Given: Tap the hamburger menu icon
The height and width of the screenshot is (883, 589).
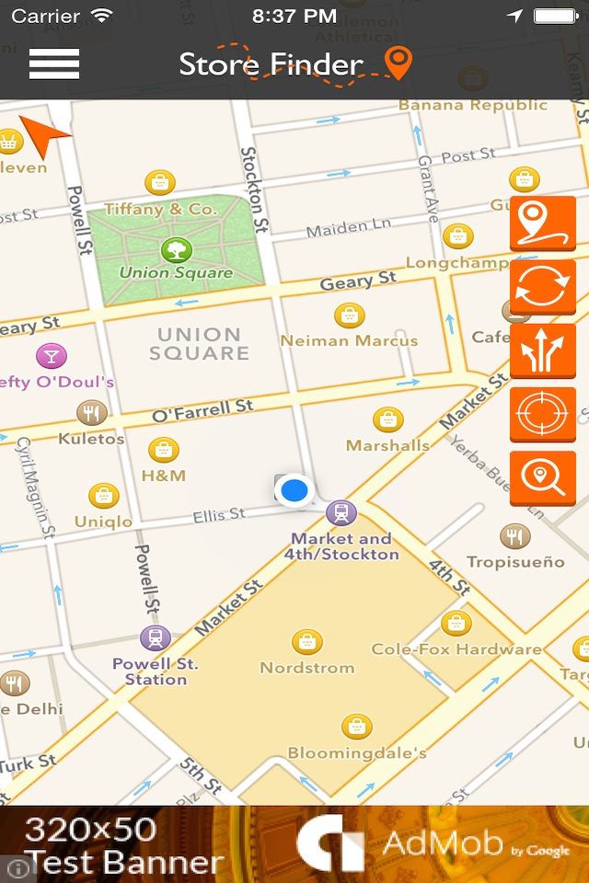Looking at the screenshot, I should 54,63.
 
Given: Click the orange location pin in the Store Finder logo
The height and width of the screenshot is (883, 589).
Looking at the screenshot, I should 398,62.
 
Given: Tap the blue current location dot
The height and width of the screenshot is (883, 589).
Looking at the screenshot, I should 294,489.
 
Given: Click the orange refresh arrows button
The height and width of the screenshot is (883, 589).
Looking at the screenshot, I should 542,287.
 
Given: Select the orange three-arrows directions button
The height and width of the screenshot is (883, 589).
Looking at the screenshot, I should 542,350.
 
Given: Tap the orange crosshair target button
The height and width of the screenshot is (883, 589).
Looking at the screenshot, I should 542,414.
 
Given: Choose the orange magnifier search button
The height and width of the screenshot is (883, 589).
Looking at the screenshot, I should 542,477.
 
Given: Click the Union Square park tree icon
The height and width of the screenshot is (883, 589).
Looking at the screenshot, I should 175,248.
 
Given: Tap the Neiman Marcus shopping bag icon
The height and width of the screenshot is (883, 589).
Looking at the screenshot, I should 349,316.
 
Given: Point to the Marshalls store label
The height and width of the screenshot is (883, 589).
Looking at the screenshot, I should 387,445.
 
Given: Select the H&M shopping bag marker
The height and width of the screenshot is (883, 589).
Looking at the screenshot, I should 164,451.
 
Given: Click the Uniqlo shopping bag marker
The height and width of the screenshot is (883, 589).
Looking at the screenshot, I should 104,497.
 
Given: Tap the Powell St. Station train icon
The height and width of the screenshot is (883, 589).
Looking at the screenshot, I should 156,637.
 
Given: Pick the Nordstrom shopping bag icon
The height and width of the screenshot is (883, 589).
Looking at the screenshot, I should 306,642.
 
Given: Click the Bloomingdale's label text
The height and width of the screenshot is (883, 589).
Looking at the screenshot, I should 357,753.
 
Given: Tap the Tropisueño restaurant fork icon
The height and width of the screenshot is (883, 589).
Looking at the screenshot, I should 514,536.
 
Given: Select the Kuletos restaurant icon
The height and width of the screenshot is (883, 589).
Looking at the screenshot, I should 90,413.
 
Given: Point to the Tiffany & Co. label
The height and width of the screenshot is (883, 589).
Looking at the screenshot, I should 160,209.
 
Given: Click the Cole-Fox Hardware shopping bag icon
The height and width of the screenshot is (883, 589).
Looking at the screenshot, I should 456,624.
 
